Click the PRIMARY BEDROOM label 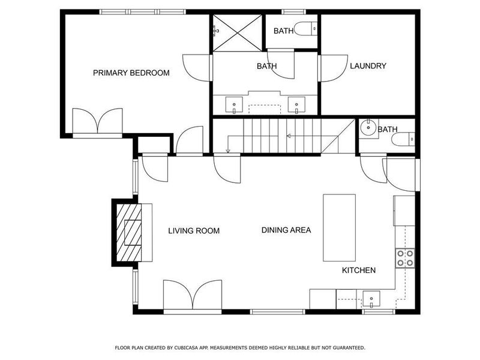[x=131, y=73]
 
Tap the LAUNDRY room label [x=368, y=66]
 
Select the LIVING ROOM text [x=193, y=230]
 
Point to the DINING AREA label [x=286, y=230]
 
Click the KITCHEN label [x=359, y=271]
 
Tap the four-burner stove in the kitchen [x=404, y=257]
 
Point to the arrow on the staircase [x=289, y=136]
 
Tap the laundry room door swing [x=330, y=68]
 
